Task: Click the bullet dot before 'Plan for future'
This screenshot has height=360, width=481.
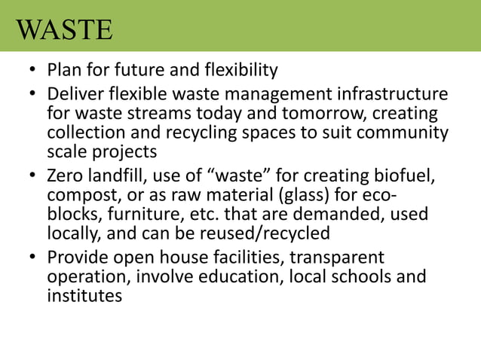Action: click(x=32, y=72)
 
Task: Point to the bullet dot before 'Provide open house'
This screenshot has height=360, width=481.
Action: click(x=32, y=259)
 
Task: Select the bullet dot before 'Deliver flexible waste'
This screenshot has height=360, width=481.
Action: click(x=32, y=96)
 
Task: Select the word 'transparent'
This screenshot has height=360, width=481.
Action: click(x=338, y=258)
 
